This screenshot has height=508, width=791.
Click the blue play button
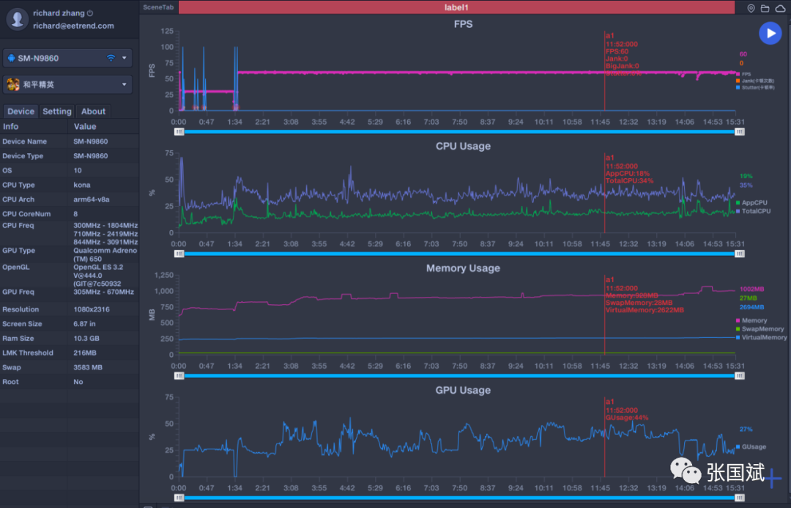point(770,33)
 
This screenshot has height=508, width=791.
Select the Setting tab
point(57,111)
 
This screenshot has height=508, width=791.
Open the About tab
point(93,111)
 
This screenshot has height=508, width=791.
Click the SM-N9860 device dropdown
point(68,58)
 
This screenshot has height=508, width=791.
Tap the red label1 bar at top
point(456,7)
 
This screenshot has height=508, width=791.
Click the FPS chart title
point(463,24)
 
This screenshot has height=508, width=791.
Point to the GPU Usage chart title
point(463,390)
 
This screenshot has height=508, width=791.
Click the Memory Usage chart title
point(463,268)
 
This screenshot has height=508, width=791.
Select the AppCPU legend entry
point(754,202)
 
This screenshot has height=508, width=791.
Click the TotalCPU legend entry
point(755,211)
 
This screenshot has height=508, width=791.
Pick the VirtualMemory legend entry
point(764,338)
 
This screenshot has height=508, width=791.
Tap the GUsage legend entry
point(754,446)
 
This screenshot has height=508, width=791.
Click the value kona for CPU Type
point(82,185)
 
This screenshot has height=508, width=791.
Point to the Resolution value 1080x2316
point(92,309)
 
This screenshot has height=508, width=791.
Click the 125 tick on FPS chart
point(167,32)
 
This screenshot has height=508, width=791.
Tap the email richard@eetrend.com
point(73,26)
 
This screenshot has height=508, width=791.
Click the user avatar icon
point(16,19)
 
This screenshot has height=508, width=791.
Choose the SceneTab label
point(157,7)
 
